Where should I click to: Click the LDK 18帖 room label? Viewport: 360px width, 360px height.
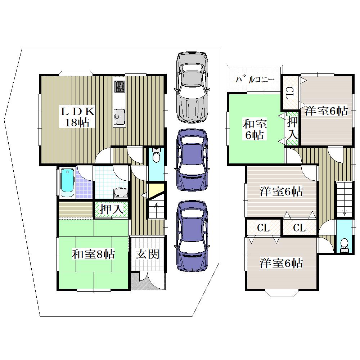(77, 117)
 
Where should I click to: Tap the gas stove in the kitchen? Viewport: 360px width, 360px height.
(120, 86)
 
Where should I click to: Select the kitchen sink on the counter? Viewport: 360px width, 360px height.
(120, 116)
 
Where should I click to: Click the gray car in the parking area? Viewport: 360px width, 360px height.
(192, 86)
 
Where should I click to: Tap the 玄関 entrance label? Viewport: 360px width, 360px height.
(147, 255)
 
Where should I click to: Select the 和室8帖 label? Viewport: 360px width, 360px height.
(93, 254)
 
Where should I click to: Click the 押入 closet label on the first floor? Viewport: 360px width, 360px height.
(112, 209)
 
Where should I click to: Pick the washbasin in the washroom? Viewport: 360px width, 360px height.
(121, 193)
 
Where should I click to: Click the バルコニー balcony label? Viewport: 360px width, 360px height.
(255, 80)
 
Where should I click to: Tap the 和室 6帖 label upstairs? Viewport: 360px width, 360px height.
(255, 129)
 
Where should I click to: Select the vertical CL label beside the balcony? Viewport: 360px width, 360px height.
(291, 93)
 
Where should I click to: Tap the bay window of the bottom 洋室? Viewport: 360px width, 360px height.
(281, 294)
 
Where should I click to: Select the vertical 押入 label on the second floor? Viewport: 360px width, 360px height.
(292, 128)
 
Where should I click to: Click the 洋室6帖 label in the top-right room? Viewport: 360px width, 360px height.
(326, 111)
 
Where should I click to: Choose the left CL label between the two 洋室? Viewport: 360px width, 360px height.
(263, 228)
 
